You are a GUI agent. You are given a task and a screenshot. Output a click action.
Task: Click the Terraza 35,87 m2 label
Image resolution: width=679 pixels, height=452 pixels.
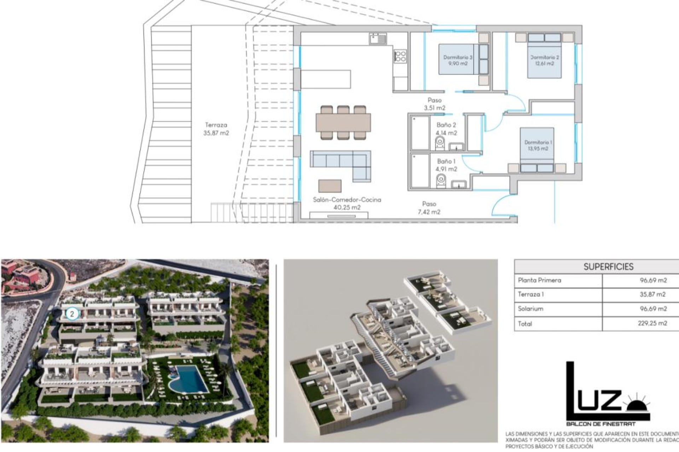(216, 129)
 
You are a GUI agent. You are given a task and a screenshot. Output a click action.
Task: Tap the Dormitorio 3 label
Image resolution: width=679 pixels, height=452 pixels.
(458, 60)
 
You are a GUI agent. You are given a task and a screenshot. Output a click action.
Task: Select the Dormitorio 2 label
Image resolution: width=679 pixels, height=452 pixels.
(545, 60)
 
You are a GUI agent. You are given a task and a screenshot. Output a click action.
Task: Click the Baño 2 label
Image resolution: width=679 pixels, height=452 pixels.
(446, 129)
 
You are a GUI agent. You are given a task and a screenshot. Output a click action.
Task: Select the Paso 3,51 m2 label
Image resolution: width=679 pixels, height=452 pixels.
(434, 104)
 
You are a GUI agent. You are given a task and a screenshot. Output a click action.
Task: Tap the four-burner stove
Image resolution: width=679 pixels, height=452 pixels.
(400, 56)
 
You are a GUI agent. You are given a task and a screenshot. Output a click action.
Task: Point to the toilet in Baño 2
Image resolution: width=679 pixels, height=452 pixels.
(440, 143)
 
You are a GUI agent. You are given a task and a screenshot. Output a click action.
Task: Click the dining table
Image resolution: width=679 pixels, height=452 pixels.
(343, 122)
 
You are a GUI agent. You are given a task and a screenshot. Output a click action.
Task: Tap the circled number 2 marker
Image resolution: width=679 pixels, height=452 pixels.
(72, 314)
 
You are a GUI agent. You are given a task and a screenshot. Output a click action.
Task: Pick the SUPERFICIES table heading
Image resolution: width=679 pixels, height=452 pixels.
(608, 267)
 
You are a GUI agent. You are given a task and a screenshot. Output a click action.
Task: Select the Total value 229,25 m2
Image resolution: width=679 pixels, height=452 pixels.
(652, 323)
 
